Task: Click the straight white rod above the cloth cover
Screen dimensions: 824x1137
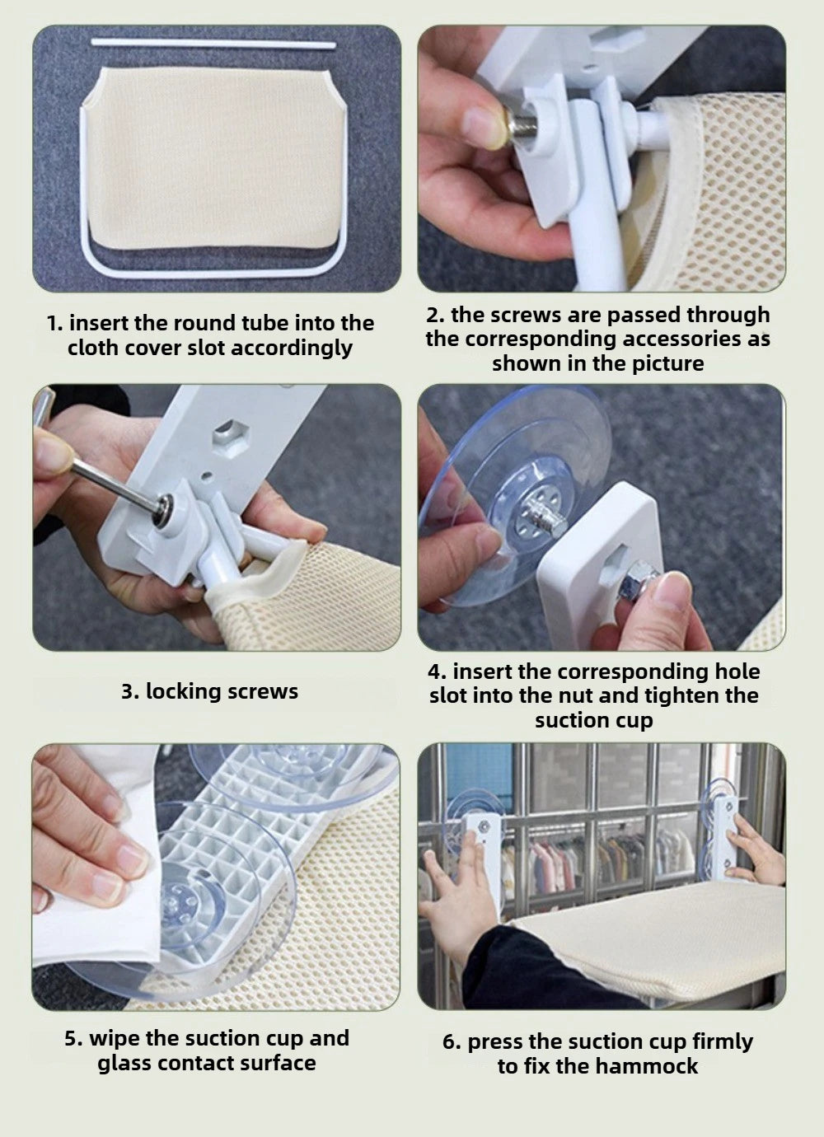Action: [213, 44]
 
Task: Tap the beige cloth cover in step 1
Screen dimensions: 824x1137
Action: [213, 157]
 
